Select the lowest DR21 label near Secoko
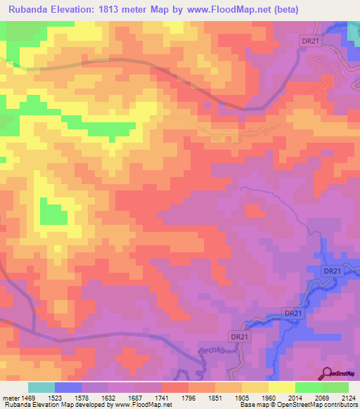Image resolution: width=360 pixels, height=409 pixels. pyautogui.click(x=240, y=337)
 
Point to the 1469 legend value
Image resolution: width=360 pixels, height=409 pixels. pyautogui.click(x=28, y=398)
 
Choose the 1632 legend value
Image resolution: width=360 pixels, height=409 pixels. pyautogui.click(x=108, y=398)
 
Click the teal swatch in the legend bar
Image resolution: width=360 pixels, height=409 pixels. pyautogui.click(x=41, y=387)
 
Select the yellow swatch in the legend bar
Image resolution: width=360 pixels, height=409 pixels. pyautogui.click(x=281, y=387)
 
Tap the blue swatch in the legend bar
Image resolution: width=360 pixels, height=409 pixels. pyautogui.click(x=68, y=387)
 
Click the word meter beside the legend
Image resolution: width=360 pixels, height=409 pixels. pyautogui.click(x=10, y=398)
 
